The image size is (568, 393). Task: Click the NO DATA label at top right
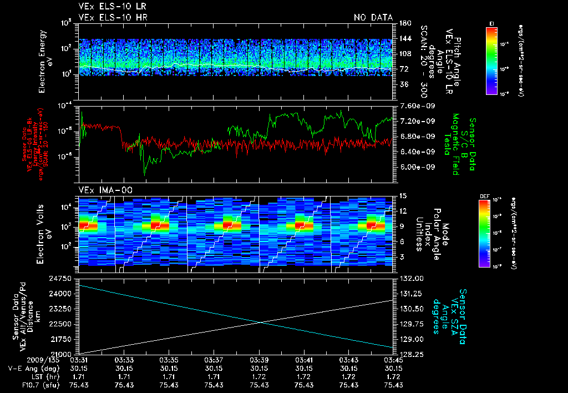tap(373, 18)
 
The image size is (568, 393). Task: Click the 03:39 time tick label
tap(259, 360)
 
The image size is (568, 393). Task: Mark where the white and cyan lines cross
tap(260, 323)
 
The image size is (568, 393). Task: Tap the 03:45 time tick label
tap(393, 360)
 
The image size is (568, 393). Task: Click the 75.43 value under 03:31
tap(80, 385)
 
